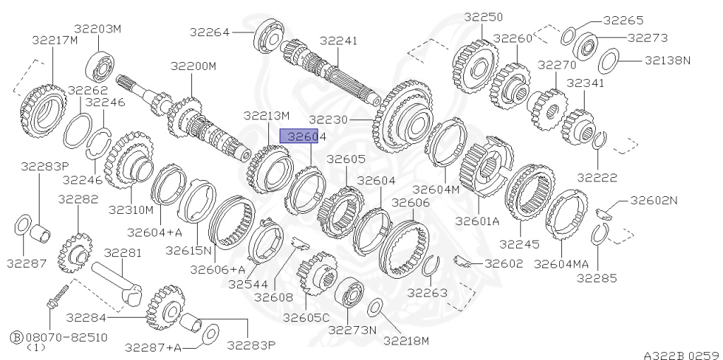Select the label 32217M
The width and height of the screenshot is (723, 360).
(x=54, y=40)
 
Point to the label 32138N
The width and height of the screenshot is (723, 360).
(x=667, y=61)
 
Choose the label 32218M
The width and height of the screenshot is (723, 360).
(x=406, y=341)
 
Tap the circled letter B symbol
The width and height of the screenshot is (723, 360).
(x=16, y=337)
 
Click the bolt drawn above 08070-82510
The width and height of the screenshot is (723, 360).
(x=56, y=296)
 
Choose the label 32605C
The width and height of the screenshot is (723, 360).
(x=306, y=318)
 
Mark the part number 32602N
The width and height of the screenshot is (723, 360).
(x=653, y=200)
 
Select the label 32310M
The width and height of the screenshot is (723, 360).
(x=131, y=210)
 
